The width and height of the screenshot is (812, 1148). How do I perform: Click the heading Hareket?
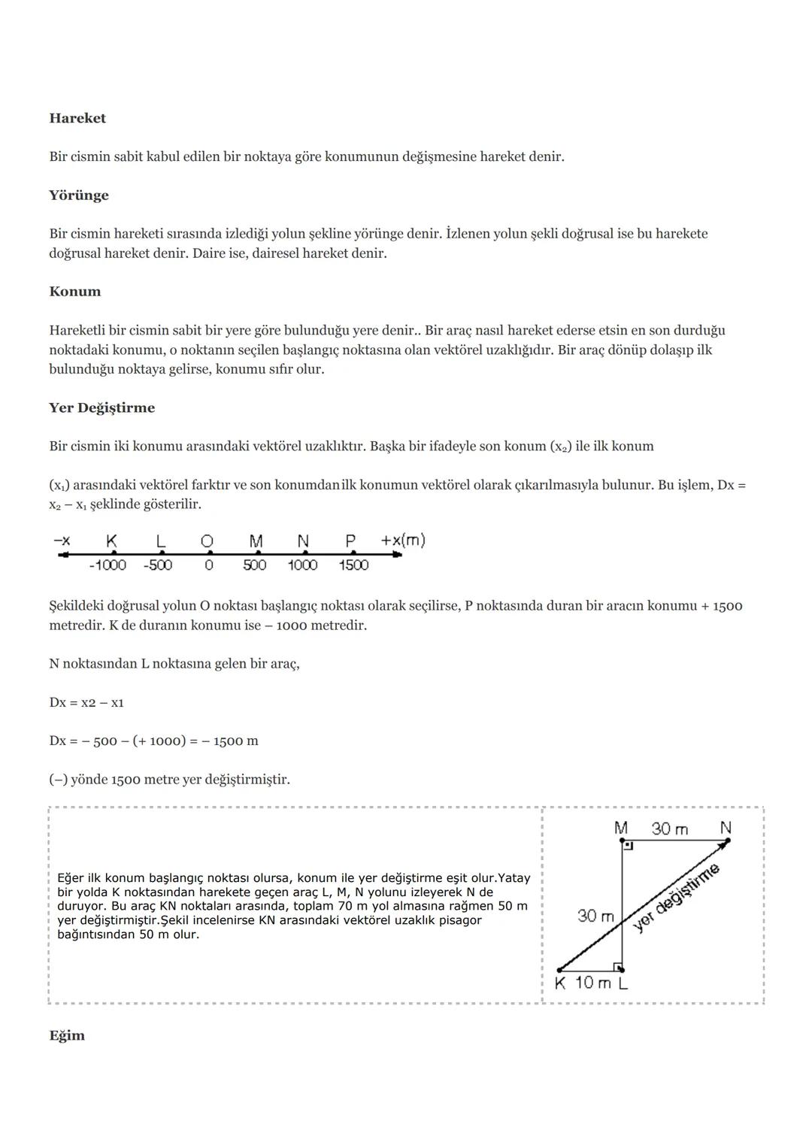pyautogui.click(x=77, y=118)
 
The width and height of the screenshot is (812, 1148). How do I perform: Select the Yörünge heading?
pyautogui.click(x=79, y=195)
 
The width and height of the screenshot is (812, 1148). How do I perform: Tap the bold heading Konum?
pyautogui.click(x=75, y=292)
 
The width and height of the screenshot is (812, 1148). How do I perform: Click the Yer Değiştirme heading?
pyautogui.click(x=102, y=408)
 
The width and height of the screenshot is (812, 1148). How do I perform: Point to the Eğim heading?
pyautogui.click(x=67, y=1036)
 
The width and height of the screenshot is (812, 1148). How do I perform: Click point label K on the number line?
pyautogui.click(x=112, y=541)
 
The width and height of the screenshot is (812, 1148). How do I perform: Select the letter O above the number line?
pyautogui.click(x=207, y=541)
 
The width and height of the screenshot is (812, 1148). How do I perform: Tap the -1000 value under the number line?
pyautogui.click(x=108, y=565)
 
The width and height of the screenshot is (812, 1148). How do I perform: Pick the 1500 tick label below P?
pyautogui.click(x=353, y=565)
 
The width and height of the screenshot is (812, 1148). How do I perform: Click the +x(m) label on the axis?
pyautogui.click(x=403, y=541)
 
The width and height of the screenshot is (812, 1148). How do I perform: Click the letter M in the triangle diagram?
pyautogui.click(x=621, y=828)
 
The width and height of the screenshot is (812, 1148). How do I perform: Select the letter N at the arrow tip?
pyautogui.click(x=726, y=828)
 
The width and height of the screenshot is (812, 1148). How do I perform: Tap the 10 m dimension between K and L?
pyautogui.click(x=593, y=983)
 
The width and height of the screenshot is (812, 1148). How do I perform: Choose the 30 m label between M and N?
pyautogui.click(x=670, y=828)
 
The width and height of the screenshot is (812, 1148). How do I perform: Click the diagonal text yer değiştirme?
pyautogui.click(x=677, y=898)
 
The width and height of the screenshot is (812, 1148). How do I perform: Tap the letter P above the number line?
pyautogui.click(x=350, y=541)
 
